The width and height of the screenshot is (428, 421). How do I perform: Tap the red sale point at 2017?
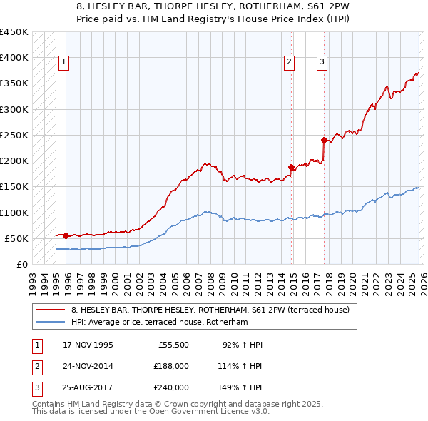tap(324, 140)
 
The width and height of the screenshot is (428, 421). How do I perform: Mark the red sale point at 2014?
tap(291, 167)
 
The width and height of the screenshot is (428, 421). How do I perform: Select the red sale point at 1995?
tap(66, 235)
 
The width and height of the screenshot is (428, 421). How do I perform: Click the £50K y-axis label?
tap(16, 238)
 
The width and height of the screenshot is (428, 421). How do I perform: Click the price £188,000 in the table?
tap(171, 366)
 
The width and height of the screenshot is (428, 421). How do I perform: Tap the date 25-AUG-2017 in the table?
tap(87, 387)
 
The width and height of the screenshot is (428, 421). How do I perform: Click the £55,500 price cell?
tap(173, 345)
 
